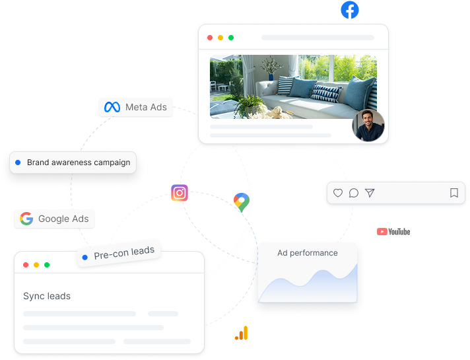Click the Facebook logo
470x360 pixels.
tap(350, 10)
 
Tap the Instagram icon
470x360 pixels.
tap(180, 193)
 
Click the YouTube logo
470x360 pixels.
tap(393, 232)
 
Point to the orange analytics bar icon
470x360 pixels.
tap(242, 333)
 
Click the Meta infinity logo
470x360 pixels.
tap(112, 107)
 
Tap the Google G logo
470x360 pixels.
tap(26, 219)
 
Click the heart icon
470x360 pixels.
tap(338, 193)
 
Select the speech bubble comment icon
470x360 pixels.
tap(354, 193)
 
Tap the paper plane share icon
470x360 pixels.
tap(370, 193)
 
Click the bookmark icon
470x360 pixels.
tap(454, 193)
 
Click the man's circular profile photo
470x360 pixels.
tap(368, 126)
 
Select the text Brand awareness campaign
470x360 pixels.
tap(79, 162)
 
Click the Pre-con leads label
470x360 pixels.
tap(124, 253)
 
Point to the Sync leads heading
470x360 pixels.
tap(47, 296)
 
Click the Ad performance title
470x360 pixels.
tap(308, 253)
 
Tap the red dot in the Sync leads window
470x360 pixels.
tap(26, 265)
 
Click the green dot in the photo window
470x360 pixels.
tap(231, 38)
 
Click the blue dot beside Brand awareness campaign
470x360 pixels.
tap(18, 162)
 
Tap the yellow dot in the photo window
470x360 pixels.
tap(220, 38)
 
